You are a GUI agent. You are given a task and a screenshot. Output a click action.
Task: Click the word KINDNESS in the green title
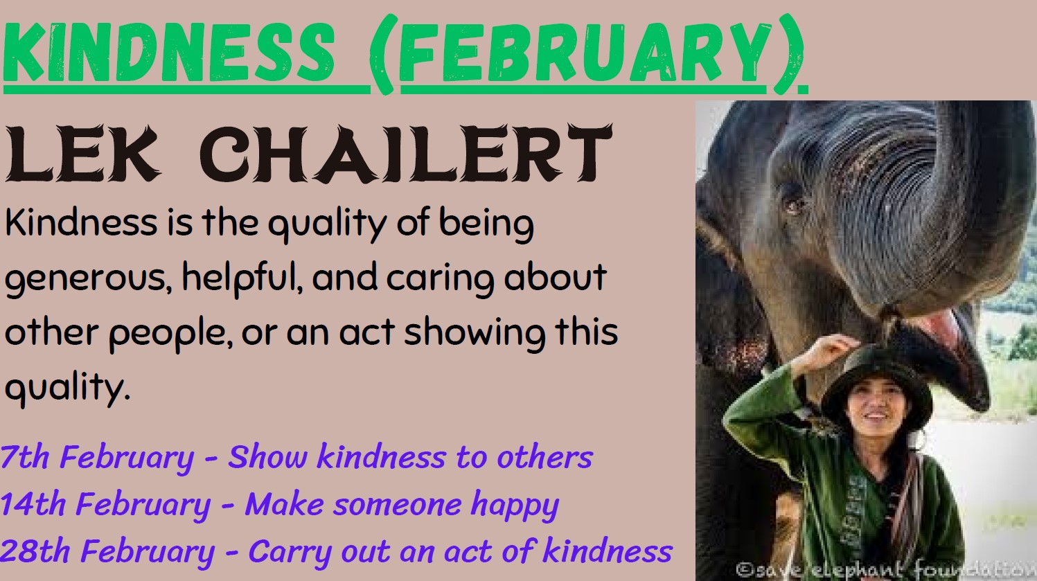[169, 53]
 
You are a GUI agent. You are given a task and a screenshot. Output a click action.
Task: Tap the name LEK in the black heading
[82, 153]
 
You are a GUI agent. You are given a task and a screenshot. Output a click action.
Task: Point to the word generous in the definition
[89, 278]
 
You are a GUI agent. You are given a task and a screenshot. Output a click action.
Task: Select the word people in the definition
[170, 333]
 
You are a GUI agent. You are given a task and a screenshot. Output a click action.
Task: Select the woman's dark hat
[876, 384]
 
